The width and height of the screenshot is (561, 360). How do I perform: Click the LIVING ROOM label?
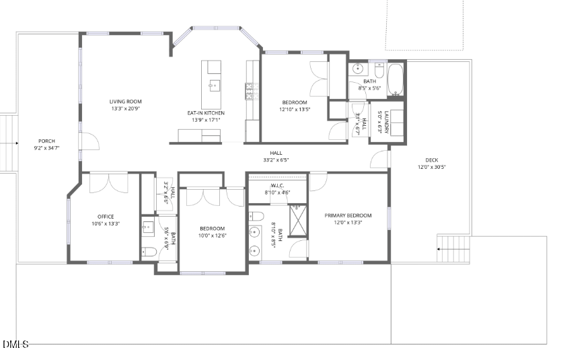126,102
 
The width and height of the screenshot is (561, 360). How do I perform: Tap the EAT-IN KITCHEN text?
206,112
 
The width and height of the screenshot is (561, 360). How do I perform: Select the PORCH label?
46,141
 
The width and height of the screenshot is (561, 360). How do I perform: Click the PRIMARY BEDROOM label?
348,215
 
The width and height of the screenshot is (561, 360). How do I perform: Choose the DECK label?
431,160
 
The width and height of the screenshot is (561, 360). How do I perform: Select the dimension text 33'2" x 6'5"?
276,160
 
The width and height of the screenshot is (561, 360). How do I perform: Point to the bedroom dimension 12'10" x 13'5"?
294,110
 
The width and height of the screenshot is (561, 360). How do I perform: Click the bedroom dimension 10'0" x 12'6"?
212,236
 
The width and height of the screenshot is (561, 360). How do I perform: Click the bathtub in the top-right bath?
396,79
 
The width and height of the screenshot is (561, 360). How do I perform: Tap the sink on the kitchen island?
213,85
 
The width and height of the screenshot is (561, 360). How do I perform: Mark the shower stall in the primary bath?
297,219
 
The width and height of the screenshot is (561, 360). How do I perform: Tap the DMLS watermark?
15,345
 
